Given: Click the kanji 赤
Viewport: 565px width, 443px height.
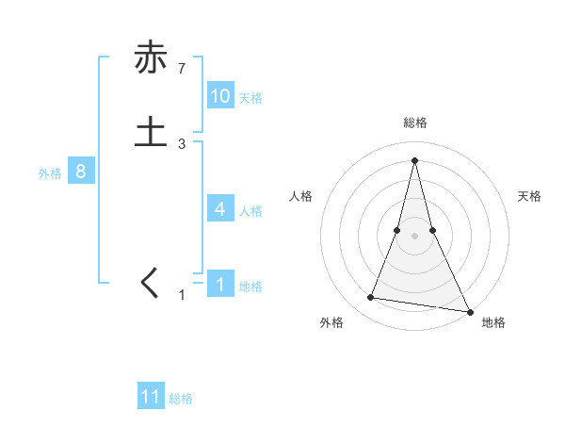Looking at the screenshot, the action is [151, 57].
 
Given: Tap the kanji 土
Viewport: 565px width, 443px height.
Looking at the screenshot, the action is [151, 131].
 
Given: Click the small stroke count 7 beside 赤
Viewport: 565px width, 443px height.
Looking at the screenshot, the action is [182, 68].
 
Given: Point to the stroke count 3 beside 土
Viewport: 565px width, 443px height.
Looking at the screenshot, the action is [182, 144].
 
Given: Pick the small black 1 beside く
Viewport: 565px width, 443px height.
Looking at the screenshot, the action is [182, 296].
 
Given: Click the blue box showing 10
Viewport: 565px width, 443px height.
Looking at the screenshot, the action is [220, 96].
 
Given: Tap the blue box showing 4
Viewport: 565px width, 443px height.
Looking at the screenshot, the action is [220, 209].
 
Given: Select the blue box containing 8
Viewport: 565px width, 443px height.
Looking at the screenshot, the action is [81, 172].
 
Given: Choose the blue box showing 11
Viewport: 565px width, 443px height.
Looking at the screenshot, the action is [151, 397].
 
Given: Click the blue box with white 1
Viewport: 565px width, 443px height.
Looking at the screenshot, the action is [220, 285].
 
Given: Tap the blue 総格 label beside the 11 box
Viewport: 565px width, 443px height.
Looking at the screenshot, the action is [181, 399].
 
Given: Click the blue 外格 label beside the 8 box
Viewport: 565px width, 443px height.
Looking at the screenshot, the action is [50, 173].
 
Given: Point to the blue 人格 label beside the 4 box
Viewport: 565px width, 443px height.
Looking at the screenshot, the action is [250, 211].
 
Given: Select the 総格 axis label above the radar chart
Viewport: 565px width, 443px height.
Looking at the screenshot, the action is [414, 123].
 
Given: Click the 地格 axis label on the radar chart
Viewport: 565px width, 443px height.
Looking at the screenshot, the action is [493, 323].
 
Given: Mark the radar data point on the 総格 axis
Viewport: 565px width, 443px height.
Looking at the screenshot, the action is [414, 159].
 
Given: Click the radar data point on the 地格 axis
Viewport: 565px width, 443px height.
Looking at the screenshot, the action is [469, 311].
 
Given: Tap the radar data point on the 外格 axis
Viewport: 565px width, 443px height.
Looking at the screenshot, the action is [370, 298].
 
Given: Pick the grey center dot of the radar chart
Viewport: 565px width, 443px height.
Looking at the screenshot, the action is [414, 236].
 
